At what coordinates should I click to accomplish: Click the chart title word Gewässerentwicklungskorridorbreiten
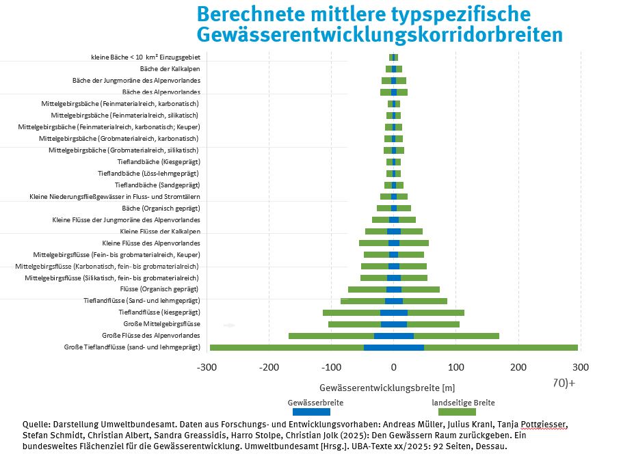[x=380, y=35]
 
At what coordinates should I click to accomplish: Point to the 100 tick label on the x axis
[x=456, y=367]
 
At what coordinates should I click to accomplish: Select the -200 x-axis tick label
[x=268, y=367]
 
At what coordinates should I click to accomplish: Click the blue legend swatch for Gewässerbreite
[x=311, y=412]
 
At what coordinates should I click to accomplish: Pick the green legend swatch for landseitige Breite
[x=457, y=412]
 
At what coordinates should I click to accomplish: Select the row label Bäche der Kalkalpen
[x=170, y=69]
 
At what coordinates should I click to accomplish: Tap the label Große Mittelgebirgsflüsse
[x=161, y=324]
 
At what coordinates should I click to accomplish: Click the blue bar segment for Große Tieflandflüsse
[x=394, y=347]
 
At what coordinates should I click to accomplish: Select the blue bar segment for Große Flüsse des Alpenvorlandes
[x=394, y=336]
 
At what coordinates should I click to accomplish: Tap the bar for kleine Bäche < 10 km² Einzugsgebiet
[x=393, y=57]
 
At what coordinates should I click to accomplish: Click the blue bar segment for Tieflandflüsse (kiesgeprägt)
[x=394, y=312]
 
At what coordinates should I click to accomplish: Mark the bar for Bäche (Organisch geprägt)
[x=394, y=208]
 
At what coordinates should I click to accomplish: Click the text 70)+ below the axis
[x=564, y=383]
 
